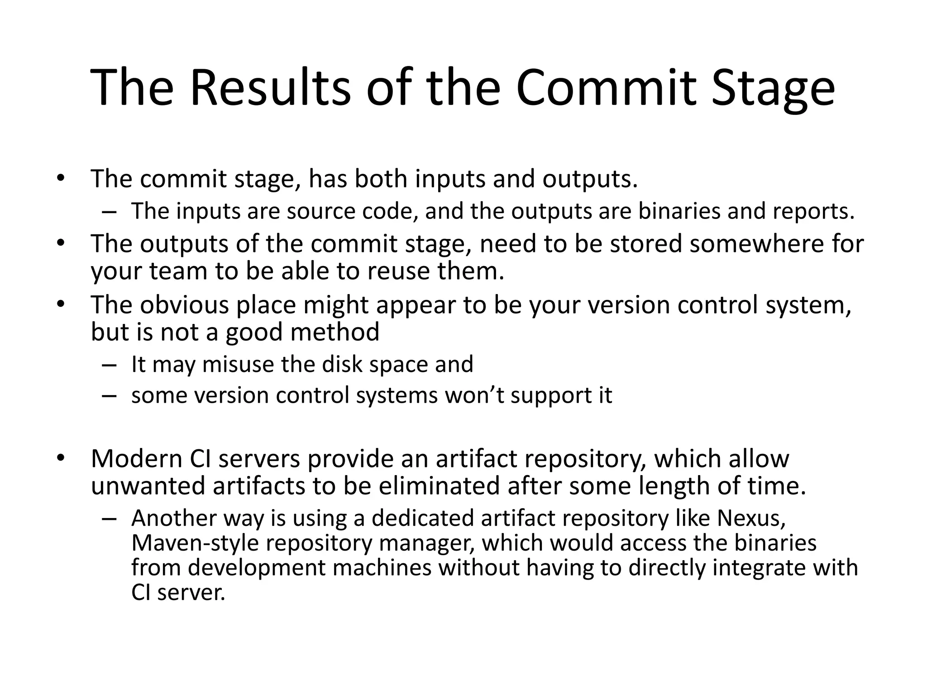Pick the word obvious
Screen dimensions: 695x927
184,305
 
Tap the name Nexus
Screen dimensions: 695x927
751,518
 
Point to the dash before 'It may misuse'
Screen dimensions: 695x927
109,365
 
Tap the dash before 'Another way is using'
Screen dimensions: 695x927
109,519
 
